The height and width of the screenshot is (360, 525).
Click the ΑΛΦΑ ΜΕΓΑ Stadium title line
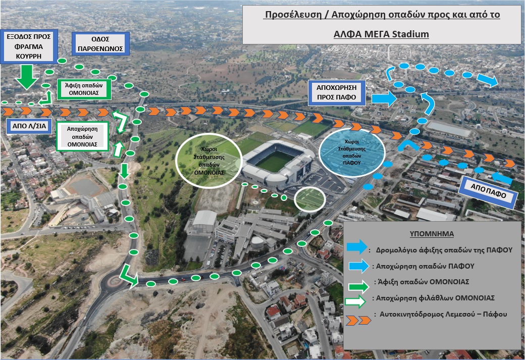pos(381,34)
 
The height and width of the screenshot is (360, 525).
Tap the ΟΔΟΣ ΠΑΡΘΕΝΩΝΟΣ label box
pos(100,44)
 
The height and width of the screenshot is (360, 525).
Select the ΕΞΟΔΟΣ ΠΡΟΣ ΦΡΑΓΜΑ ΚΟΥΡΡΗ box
pos(29,46)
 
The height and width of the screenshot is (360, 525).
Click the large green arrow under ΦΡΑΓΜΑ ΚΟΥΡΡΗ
pos(27,77)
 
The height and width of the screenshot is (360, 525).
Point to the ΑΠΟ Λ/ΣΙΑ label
pos(29,126)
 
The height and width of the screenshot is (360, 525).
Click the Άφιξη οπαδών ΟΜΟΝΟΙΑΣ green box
pos(84,89)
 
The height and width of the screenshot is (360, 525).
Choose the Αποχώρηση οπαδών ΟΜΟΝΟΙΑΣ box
pos(82,137)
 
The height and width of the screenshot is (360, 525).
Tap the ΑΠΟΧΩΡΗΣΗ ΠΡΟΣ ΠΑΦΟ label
pos(337,92)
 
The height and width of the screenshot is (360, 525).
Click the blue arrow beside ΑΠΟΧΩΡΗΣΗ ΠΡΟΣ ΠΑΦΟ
pos(384,98)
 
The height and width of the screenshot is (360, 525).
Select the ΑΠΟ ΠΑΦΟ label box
pos(488,191)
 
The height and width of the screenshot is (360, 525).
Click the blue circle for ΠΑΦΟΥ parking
pos(351,152)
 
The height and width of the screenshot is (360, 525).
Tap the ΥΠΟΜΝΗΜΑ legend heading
pos(432,234)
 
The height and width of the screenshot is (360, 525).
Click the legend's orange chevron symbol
pos(358,320)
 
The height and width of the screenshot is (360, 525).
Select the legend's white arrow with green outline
pos(355,301)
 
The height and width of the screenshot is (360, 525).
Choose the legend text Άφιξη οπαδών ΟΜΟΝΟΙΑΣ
pos(423,282)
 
